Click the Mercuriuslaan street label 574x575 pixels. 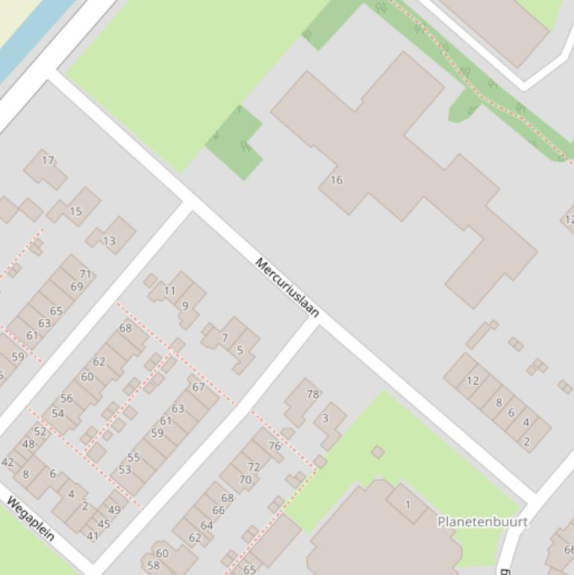pyautogui.click(x=287, y=287)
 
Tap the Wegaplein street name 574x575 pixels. pyautogui.click(x=31, y=518)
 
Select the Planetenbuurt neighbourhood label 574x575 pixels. pyautogui.click(x=482, y=521)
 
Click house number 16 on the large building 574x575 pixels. pyautogui.click(x=336, y=180)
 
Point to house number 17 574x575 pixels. pyautogui.click(x=49, y=160)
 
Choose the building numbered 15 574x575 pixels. pyautogui.click(x=75, y=211)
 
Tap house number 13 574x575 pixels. pyautogui.click(x=109, y=240)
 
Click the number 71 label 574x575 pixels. pyautogui.click(x=85, y=274)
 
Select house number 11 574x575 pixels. pyautogui.click(x=169, y=291)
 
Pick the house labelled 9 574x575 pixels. pyautogui.click(x=185, y=306)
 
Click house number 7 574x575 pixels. pyautogui.click(x=224, y=338)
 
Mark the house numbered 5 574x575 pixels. pyautogui.click(x=240, y=350)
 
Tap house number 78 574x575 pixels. pyautogui.click(x=312, y=394)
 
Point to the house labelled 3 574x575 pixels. pyautogui.click(x=325, y=418)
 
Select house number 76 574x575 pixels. pyautogui.click(x=275, y=446)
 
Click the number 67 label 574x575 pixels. pyautogui.click(x=198, y=387)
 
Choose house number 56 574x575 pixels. pyautogui.click(x=67, y=398)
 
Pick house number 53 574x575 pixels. pyautogui.click(x=125, y=469)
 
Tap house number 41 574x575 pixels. pyautogui.click(x=93, y=535)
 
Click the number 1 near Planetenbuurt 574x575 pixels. pyautogui.click(x=408, y=504)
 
